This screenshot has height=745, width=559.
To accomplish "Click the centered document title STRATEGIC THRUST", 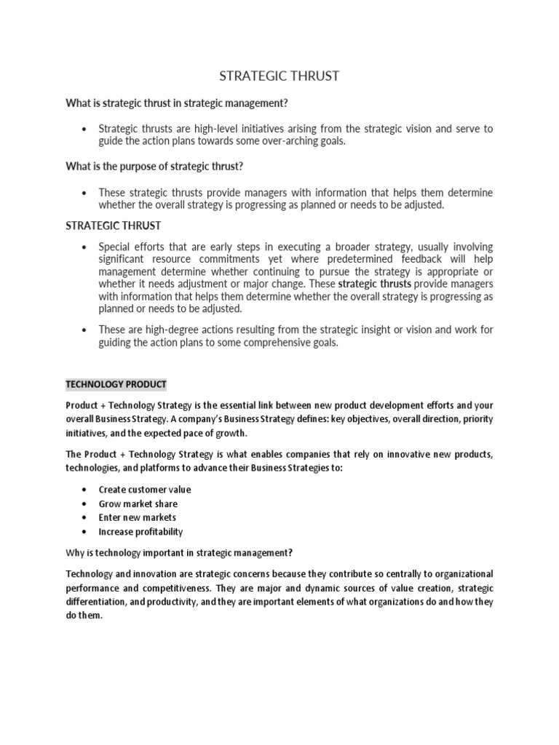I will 279,76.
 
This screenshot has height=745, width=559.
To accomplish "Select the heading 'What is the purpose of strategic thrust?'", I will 154,167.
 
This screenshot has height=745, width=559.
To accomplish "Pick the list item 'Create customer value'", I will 145,490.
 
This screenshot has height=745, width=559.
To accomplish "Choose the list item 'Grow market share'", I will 138,503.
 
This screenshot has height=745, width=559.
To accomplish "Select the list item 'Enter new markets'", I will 138,517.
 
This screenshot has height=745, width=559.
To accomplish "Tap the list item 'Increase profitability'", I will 140,532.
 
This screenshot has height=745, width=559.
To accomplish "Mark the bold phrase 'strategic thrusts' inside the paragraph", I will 375,284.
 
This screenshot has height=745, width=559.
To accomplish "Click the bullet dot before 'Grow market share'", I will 86,503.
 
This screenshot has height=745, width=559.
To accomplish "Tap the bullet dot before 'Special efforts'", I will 86,247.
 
